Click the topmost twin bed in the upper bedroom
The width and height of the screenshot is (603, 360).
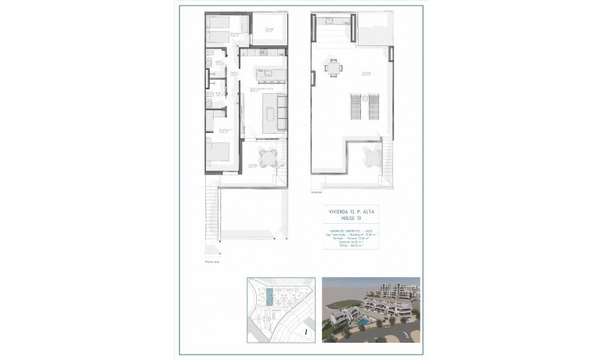218,23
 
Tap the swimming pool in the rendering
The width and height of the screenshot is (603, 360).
365,321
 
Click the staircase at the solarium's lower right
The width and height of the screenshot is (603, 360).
386,160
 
